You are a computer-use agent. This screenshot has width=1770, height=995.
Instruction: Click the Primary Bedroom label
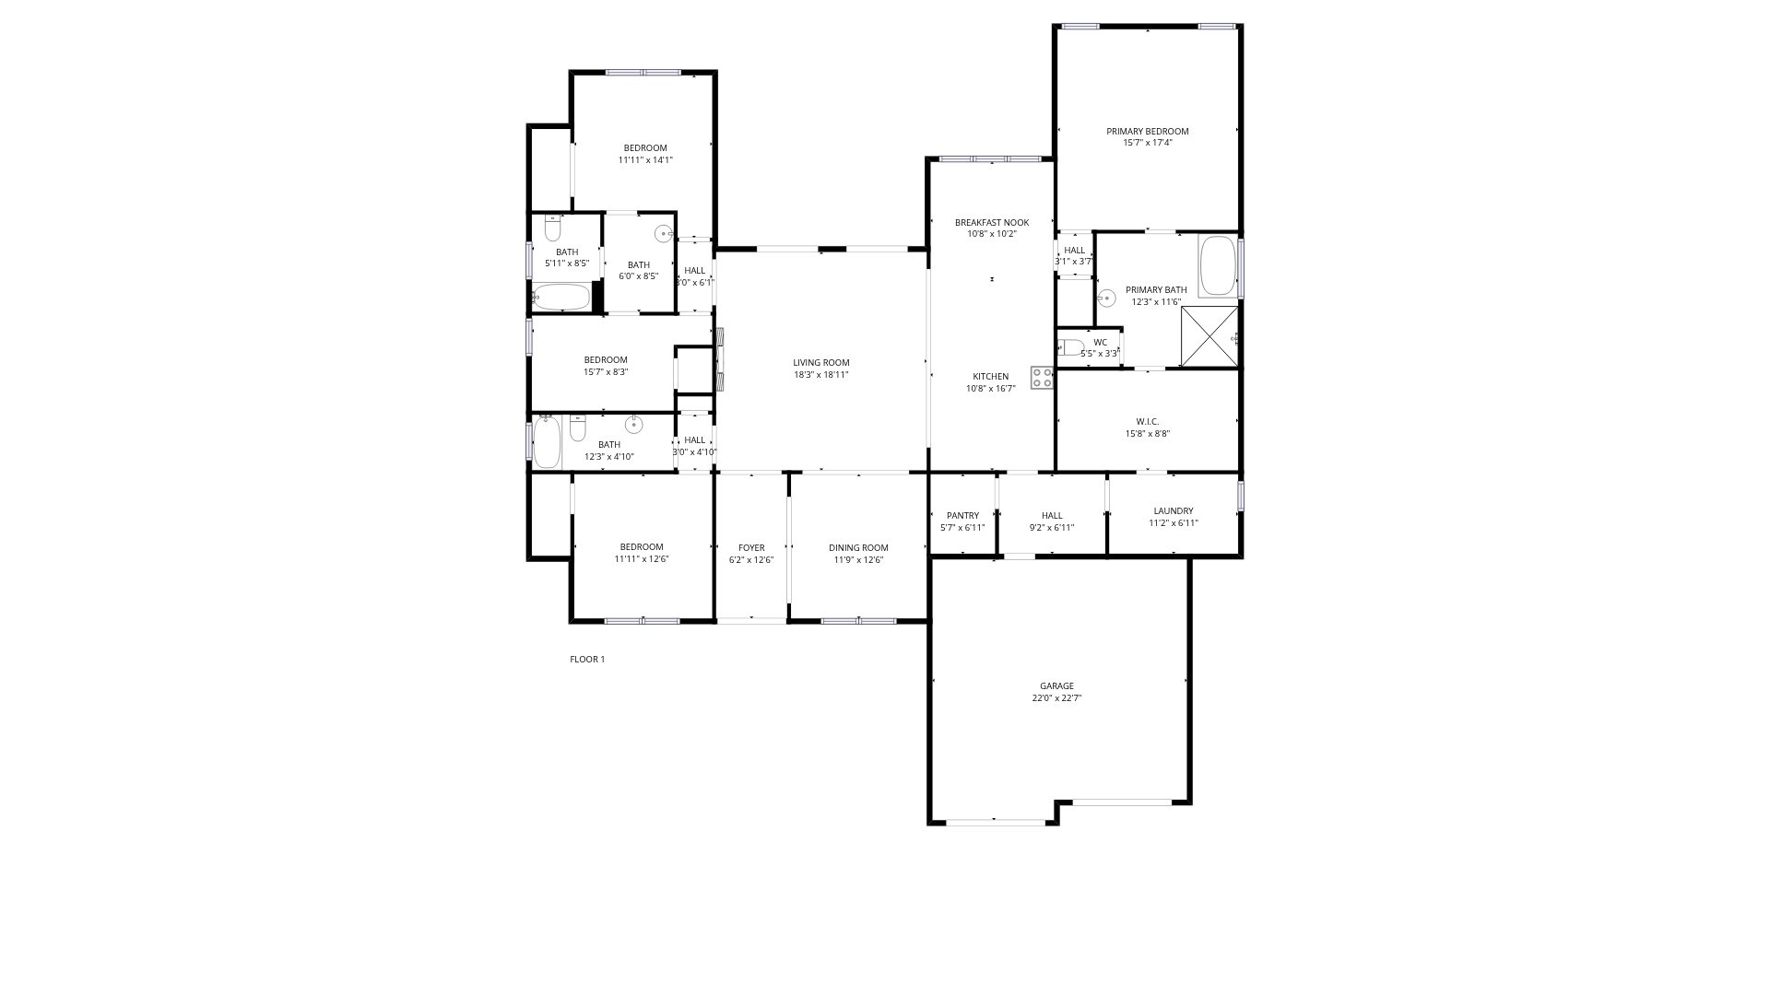coord(1148,132)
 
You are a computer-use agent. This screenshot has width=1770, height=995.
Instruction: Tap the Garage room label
coord(1056,686)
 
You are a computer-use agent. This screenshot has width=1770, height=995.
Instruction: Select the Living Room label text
coord(821,363)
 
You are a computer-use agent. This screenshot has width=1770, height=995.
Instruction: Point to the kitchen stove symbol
coord(1043,378)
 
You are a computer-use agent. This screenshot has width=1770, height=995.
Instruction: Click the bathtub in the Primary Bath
coord(1219,266)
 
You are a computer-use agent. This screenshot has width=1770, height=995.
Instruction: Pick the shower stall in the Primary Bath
coord(1210,337)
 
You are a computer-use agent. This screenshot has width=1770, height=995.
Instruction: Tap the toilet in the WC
coord(1071,347)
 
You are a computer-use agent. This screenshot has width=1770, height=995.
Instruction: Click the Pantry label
coord(962,516)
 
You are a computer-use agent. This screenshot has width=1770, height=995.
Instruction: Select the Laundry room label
coord(1174,511)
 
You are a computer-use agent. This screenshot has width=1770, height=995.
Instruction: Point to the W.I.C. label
coord(1148,422)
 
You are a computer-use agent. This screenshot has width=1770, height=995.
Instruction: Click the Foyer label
coord(751,548)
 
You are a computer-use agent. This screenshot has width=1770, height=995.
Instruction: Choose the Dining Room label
coord(858,548)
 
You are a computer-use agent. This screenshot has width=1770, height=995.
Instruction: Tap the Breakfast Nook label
coord(992,223)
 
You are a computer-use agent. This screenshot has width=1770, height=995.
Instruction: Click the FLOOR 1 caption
coord(587,660)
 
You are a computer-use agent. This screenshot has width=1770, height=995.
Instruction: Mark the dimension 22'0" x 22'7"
coord(1056,698)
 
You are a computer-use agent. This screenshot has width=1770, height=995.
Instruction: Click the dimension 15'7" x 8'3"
coord(606,372)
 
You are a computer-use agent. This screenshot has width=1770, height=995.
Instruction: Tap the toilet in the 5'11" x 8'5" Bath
coord(553,228)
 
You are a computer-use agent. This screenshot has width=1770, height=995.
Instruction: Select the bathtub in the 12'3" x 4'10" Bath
coord(547,442)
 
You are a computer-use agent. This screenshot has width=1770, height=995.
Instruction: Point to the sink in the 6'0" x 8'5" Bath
coord(664,234)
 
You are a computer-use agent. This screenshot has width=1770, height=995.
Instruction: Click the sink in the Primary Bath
coord(1106,298)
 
